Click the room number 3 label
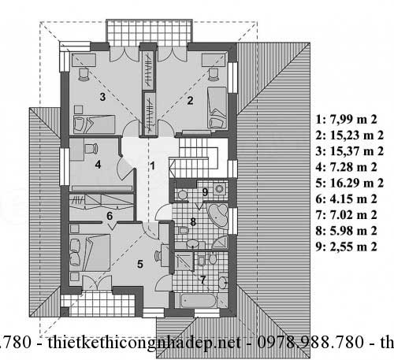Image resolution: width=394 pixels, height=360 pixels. [102, 97]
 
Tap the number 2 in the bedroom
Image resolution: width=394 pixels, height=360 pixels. [190, 100]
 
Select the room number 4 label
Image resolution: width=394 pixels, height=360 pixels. [98, 165]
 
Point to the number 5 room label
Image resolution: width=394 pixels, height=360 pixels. [140, 264]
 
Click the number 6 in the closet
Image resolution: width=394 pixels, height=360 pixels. [110, 216]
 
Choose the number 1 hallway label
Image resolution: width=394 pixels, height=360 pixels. [152, 166]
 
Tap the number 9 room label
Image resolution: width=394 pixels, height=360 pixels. [205, 192]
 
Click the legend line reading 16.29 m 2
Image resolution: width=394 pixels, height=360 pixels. [350, 183]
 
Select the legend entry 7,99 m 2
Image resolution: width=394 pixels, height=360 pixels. [346, 120]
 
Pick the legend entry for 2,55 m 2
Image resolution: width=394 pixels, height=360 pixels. [346, 247]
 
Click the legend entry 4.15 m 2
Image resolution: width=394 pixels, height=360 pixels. [346, 199]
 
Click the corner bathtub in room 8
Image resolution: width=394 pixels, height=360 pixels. [218, 214]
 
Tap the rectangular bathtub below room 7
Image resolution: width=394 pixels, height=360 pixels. [198, 301]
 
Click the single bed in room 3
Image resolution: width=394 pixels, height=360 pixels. [94, 124]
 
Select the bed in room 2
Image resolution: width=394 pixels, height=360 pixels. [217, 108]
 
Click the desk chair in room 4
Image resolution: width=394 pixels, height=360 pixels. [91, 149]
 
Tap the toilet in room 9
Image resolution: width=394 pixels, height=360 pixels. [181, 195]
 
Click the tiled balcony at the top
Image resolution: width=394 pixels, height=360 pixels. [149, 32]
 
